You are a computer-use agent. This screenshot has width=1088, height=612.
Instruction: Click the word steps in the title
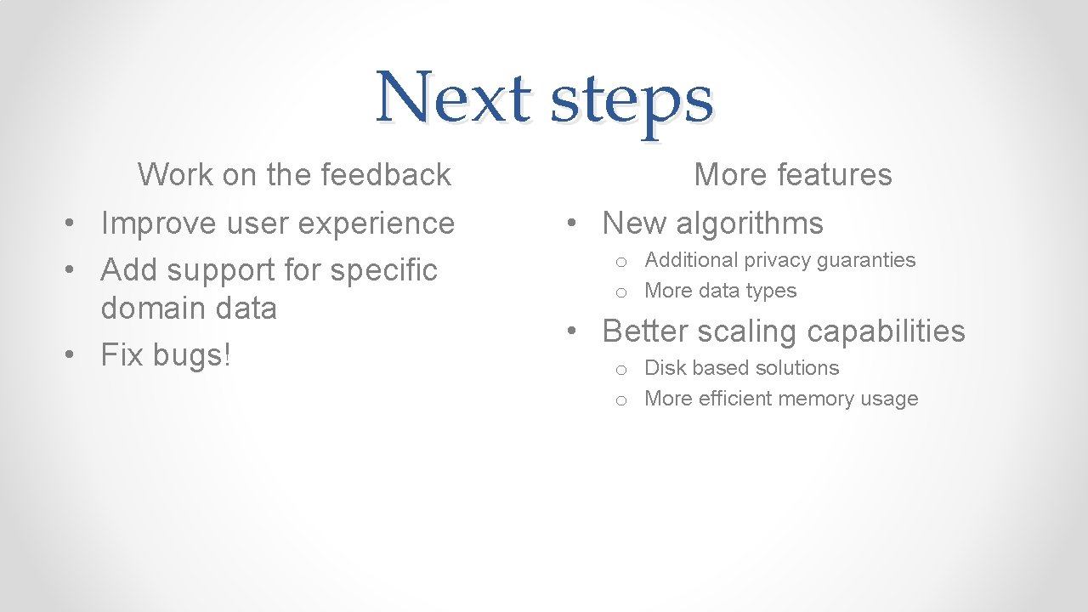[632, 101]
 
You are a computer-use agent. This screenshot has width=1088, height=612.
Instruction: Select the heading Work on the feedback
[294, 174]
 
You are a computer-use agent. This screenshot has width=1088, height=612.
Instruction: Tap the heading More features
[792, 174]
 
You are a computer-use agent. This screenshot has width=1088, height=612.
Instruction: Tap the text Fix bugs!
[166, 355]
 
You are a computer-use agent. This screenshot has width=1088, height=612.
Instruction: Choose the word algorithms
[750, 224]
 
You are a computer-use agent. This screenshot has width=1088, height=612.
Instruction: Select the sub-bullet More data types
[720, 291]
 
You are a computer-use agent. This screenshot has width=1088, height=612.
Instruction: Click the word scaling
[748, 331]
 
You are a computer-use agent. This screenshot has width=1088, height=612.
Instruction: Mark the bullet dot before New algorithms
[575, 224]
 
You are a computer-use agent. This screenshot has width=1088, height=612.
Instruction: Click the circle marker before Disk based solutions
[621, 370]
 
